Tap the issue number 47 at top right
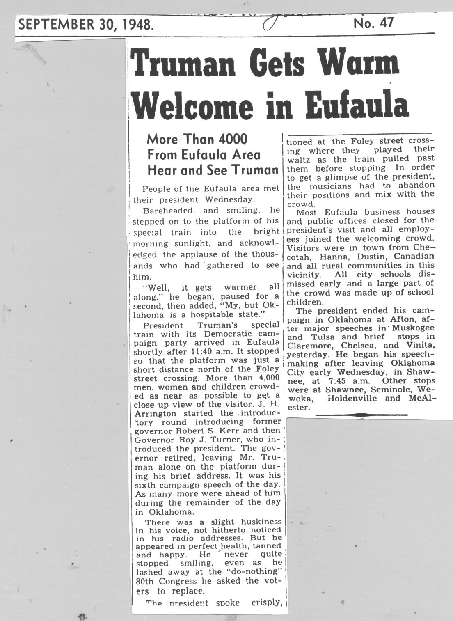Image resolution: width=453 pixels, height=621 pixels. pos(386,23)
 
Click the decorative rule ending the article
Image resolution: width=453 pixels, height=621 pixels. pos(361,415)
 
